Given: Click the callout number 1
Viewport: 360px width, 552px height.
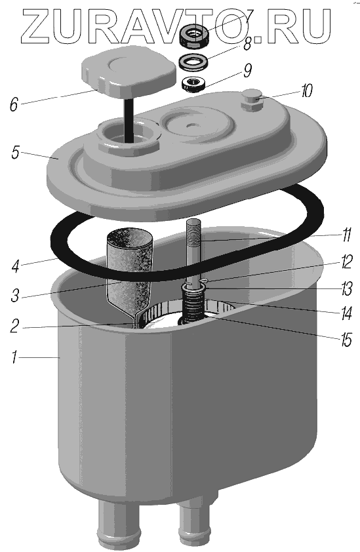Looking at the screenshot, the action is point(14,357).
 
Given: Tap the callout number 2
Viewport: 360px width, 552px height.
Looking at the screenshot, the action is point(14,326).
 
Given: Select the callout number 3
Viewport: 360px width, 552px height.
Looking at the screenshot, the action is point(15,296).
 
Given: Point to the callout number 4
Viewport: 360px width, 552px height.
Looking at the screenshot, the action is point(15,266).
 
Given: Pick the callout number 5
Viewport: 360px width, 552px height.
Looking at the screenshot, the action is point(15,153).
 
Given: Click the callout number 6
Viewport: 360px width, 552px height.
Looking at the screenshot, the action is point(13,104).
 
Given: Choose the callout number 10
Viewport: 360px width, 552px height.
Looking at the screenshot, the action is point(306,91).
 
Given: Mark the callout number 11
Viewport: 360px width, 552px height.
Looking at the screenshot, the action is point(347,235).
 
